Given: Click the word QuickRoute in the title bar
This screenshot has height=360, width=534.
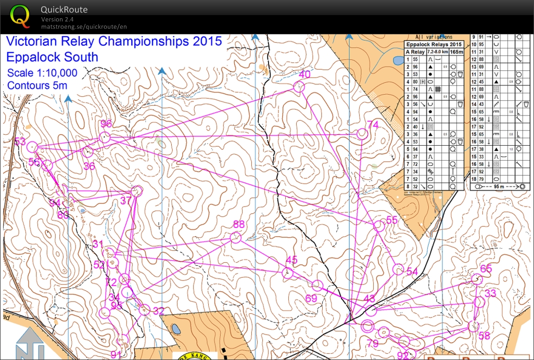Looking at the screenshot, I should [64, 9].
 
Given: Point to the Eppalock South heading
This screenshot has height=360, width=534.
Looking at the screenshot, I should [52, 57].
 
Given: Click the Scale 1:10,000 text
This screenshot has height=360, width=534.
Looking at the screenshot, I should [42, 73].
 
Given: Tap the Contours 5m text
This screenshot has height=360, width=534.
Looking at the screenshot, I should [37, 85].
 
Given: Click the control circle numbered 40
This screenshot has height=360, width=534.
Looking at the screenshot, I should [299, 87].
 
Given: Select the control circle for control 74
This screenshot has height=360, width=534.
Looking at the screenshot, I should [362, 134].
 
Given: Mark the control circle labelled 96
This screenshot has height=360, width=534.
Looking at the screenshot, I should [105, 137].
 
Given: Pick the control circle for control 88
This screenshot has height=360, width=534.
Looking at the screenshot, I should [235, 238].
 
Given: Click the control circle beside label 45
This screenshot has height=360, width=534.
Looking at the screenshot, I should [287, 273].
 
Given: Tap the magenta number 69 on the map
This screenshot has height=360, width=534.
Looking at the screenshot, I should [311, 298].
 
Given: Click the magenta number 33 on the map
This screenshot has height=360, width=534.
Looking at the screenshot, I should [490, 293].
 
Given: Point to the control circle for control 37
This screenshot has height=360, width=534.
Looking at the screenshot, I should [137, 191].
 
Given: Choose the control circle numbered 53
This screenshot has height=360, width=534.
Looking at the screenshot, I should [31, 147].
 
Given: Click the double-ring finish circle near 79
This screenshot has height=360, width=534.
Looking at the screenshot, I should [367, 327].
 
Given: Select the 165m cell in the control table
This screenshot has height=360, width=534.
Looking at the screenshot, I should [456, 52].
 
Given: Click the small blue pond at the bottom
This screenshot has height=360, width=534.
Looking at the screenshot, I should [175, 329].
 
